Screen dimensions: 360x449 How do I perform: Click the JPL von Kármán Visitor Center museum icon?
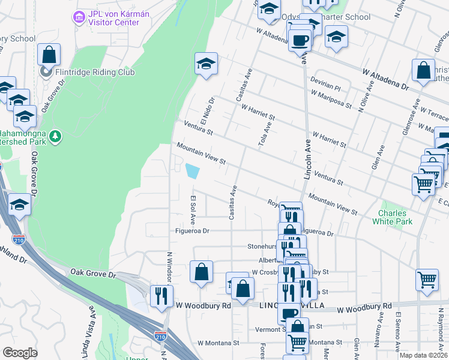[79, 17]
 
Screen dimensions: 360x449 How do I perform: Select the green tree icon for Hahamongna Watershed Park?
[55, 137]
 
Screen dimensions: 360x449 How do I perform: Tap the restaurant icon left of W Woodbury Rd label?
[161, 296]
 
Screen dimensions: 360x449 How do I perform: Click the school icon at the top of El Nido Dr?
[206, 64]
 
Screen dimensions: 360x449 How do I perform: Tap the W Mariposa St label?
[331, 100]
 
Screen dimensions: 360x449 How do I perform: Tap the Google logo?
[20, 353]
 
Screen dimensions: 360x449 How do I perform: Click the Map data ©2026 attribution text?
[423, 355]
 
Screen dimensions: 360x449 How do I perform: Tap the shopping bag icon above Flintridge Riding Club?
[49, 55]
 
